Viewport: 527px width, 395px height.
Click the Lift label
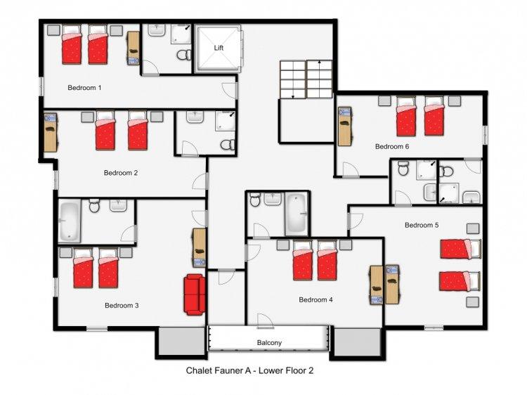point(219,48)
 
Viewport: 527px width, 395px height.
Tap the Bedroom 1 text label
point(84,88)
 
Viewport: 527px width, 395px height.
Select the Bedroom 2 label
point(121,173)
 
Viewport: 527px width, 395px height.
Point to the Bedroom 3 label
point(122,305)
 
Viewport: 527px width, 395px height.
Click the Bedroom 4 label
point(316,299)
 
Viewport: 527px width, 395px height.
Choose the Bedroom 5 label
point(422,225)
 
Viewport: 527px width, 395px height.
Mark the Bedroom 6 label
point(392,147)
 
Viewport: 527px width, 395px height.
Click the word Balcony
point(269,342)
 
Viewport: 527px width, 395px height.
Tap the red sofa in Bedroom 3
point(194,294)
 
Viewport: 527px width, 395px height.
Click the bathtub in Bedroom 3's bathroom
point(70,221)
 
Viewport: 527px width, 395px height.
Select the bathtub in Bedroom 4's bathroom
point(296,214)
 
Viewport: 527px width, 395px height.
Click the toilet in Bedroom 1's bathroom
point(184,54)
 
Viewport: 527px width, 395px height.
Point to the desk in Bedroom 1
point(133,48)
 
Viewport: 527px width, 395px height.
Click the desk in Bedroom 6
point(344,127)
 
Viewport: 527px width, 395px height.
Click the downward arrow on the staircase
point(293,80)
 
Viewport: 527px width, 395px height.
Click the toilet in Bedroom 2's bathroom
point(228,145)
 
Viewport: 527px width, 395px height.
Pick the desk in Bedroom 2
point(51,132)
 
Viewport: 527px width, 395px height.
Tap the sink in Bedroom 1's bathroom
point(156,30)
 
